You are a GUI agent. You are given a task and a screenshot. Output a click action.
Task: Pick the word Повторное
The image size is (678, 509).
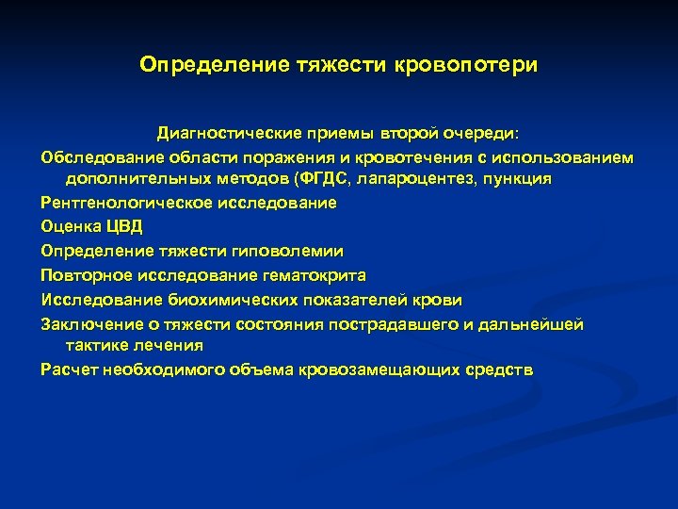click(84, 276)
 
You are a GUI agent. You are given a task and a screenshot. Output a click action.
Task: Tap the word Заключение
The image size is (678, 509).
click(88, 325)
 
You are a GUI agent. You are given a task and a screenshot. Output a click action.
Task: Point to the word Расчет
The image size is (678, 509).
click(69, 370)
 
